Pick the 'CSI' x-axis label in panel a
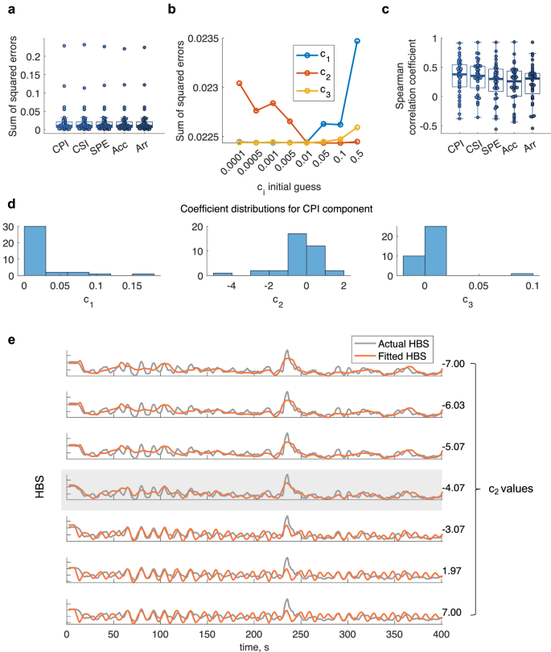(80, 147)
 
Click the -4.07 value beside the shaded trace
(454, 487)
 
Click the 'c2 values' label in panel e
(510, 488)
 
